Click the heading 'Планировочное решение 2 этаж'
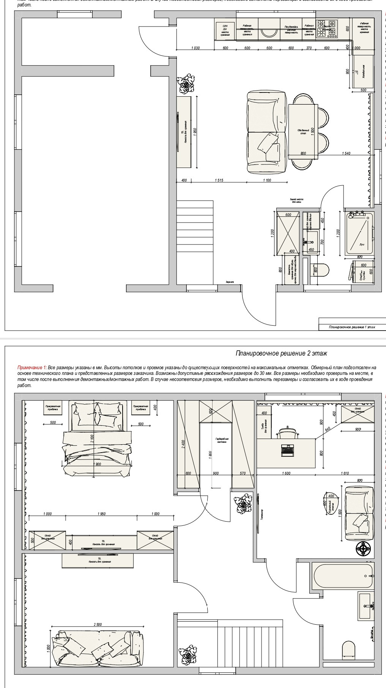click(281, 353)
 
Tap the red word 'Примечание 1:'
click(32, 367)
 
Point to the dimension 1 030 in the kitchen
click(195, 48)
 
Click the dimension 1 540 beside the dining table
click(345, 153)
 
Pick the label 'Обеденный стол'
click(303, 132)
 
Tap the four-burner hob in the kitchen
click(327, 29)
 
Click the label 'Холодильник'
click(363, 72)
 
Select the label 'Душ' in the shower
click(361, 244)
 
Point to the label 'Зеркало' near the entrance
click(230, 282)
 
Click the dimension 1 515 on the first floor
click(218, 180)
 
